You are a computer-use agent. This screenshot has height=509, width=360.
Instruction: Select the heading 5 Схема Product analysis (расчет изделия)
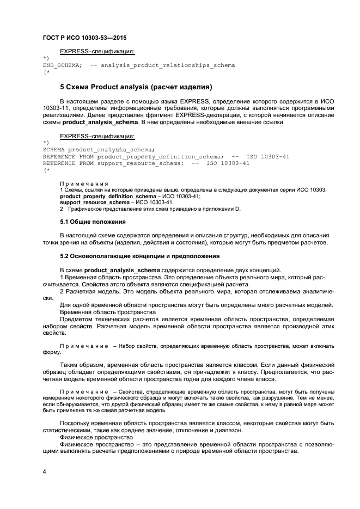pos(136,87)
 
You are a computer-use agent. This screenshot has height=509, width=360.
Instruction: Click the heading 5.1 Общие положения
pos(93,222)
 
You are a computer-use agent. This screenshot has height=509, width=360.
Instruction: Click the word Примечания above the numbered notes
pos(84,183)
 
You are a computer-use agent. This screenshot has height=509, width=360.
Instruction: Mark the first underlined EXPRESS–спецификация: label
pos(97,52)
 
